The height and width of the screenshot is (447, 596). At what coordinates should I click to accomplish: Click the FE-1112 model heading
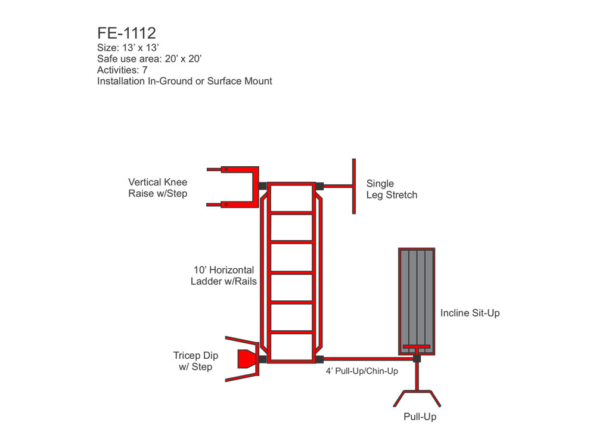coord(126,32)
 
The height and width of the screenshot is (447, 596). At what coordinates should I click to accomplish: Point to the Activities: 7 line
coord(122,70)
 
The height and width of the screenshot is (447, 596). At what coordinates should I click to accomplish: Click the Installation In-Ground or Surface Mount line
coord(184,81)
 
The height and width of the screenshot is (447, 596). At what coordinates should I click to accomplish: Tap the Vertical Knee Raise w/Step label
coord(157,188)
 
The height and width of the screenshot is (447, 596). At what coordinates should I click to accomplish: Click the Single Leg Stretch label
coord(392,190)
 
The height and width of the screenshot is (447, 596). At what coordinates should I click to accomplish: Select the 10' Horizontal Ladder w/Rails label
coord(223,275)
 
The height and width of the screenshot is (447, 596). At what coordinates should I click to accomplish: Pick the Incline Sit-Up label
coord(470,313)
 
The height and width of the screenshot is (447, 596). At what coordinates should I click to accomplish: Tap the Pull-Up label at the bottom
coord(420,417)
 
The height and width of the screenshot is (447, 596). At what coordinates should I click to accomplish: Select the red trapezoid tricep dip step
coord(246,359)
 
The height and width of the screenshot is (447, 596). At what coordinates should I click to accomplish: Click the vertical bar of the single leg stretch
coord(354,186)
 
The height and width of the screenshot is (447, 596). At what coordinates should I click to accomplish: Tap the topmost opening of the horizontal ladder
coord(291,197)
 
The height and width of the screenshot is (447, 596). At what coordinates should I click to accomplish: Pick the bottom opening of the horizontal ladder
coord(291,346)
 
